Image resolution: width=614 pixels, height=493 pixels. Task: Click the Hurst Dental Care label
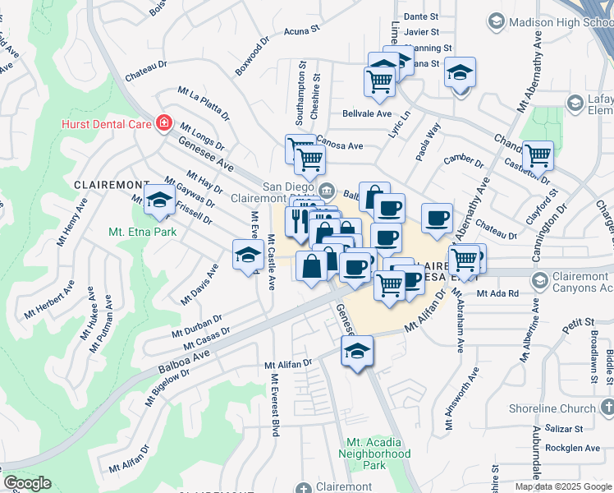pos(106,124)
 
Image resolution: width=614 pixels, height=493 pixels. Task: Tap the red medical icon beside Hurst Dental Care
pos(164,124)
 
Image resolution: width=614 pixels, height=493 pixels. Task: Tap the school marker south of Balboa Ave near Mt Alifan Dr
pos(356,352)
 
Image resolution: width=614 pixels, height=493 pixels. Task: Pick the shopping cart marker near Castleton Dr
pos(538,154)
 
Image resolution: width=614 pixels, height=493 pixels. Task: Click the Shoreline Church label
pos(556,408)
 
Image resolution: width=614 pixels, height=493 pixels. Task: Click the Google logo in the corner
pos(27,483)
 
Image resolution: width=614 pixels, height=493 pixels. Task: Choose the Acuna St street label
pos(301,31)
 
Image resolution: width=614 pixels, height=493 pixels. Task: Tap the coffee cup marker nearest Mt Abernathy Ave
pos(438,218)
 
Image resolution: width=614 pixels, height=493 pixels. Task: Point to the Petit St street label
pos(578,328)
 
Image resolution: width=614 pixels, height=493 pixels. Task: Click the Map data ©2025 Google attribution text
pos(562,486)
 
